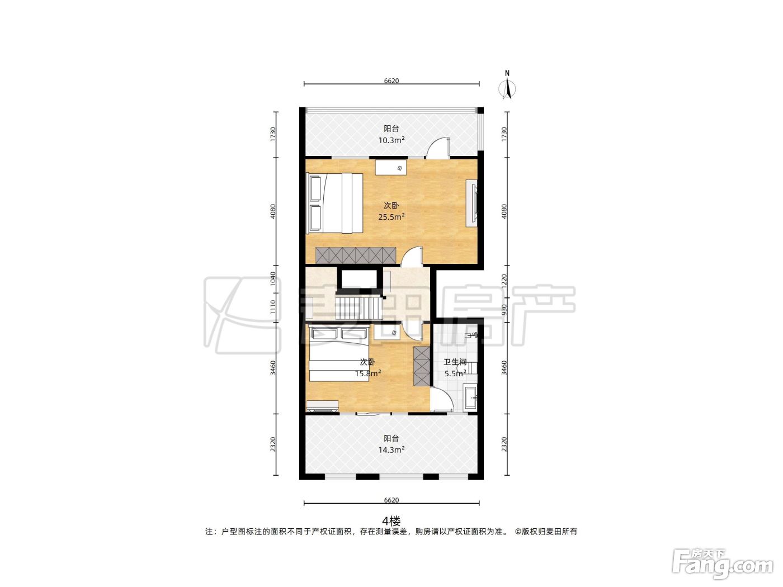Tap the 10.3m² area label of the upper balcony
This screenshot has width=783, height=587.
coord(391,140)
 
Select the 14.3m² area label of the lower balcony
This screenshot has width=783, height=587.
coord(391,449)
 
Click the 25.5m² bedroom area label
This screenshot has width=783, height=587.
coord(391,217)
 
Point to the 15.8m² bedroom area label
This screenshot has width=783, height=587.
coord(368,373)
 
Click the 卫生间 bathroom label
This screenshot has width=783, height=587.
coord(455,362)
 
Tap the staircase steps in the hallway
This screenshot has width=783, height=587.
coord(360,307)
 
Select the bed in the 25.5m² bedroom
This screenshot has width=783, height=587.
coord(334,203)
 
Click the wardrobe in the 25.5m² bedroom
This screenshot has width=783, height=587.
coord(356,255)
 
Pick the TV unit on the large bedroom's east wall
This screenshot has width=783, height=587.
coord(471,203)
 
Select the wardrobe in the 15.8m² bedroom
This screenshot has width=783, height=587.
coord(422,366)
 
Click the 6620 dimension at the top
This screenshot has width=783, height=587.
coord(391,81)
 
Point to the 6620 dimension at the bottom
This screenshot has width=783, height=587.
coord(391,500)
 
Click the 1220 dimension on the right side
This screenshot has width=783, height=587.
coord(504,281)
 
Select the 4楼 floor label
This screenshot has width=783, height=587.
coord(391,522)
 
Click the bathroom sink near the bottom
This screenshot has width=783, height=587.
coord(470,397)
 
